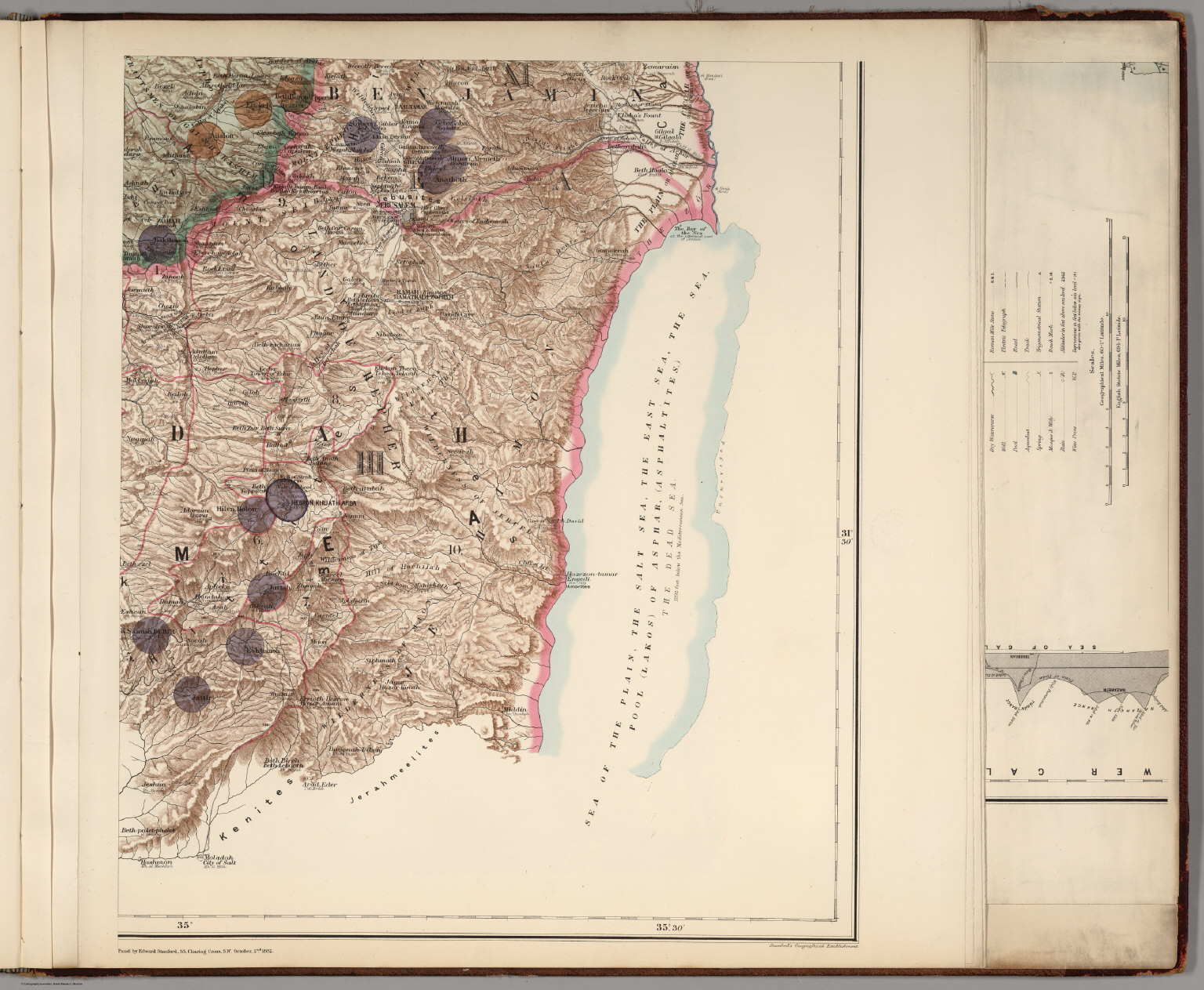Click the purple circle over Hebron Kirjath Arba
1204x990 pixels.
pos(286,501)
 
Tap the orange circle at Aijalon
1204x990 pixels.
pos(205,140)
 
